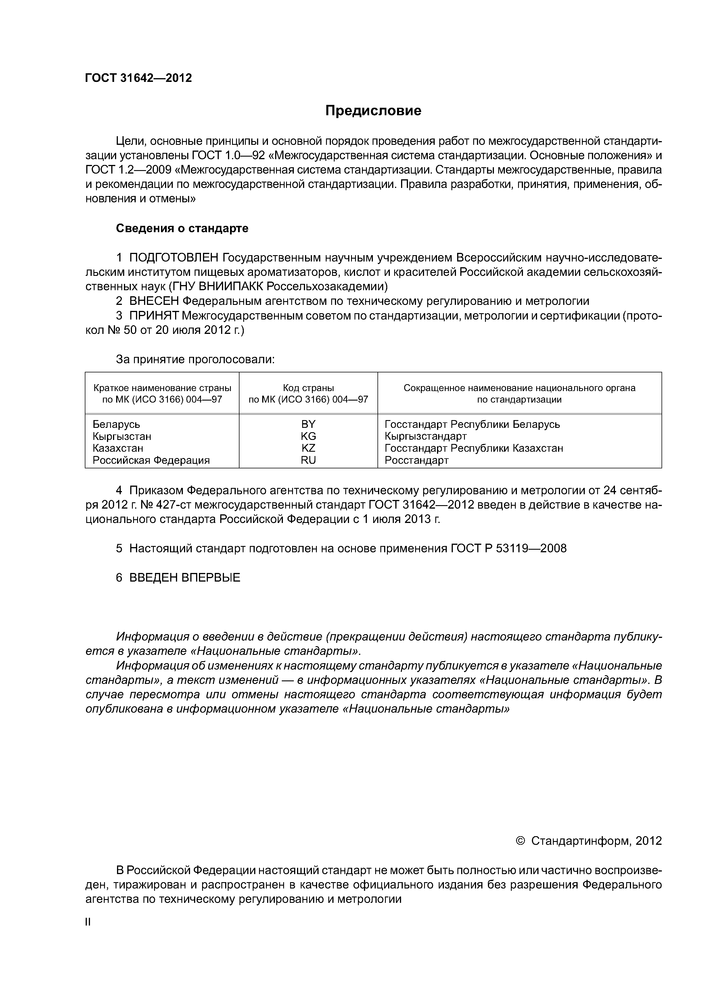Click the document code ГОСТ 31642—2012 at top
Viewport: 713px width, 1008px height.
click(x=138, y=78)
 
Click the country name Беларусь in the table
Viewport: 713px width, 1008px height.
click(x=116, y=424)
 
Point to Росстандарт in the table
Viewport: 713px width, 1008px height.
click(x=417, y=460)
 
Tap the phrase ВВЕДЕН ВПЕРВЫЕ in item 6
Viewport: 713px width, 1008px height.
click(x=185, y=578)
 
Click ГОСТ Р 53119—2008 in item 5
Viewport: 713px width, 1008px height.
click(x=509, y=548)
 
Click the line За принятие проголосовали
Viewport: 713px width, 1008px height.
click(x=195, y=359)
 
